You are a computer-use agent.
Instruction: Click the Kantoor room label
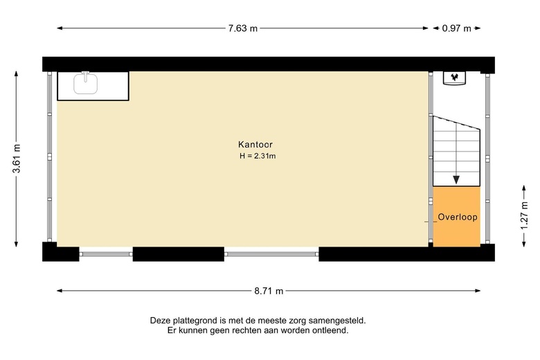[255, 145]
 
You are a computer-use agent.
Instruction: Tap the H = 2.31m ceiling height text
[258, 156]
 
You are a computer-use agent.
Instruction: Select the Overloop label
[458, 217]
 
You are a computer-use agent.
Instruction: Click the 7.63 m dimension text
[243, 28]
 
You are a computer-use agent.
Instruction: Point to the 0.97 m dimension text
[457, 28]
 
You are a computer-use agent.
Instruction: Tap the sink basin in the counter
[87, 84]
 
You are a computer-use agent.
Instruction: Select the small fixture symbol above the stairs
[456, 78]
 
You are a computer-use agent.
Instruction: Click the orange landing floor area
[456, 232]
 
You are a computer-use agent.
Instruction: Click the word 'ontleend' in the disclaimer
[331, 331]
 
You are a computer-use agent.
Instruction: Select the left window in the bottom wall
[106, 254]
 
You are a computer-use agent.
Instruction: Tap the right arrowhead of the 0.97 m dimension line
[478, 28]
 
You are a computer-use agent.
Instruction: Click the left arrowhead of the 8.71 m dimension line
[60, 291]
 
